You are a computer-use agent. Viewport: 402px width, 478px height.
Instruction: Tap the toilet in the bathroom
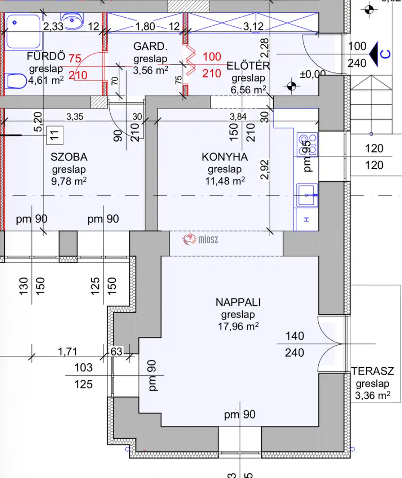tap(15, 81)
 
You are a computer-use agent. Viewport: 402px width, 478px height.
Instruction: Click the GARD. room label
tap(150, 47)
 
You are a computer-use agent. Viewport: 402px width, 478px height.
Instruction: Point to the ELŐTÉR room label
tap(248, 66)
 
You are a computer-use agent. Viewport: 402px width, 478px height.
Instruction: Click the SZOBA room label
tap(69, 157)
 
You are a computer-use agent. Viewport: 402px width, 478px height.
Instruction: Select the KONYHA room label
tap(225, 157)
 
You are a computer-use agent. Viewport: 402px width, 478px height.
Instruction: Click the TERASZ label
tap(373, 371)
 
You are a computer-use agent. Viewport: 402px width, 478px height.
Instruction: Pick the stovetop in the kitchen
tap(308, 144)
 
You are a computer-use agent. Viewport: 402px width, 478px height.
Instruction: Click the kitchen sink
tap(307, 195)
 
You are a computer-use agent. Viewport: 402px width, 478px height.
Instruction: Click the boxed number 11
tap(55, 135)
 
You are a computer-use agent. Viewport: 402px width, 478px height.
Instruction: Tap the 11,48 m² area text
tap(225, 181)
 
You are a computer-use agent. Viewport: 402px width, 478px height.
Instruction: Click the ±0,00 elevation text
tap(312, 74)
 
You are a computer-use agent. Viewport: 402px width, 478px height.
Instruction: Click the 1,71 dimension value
tap(67, 352)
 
